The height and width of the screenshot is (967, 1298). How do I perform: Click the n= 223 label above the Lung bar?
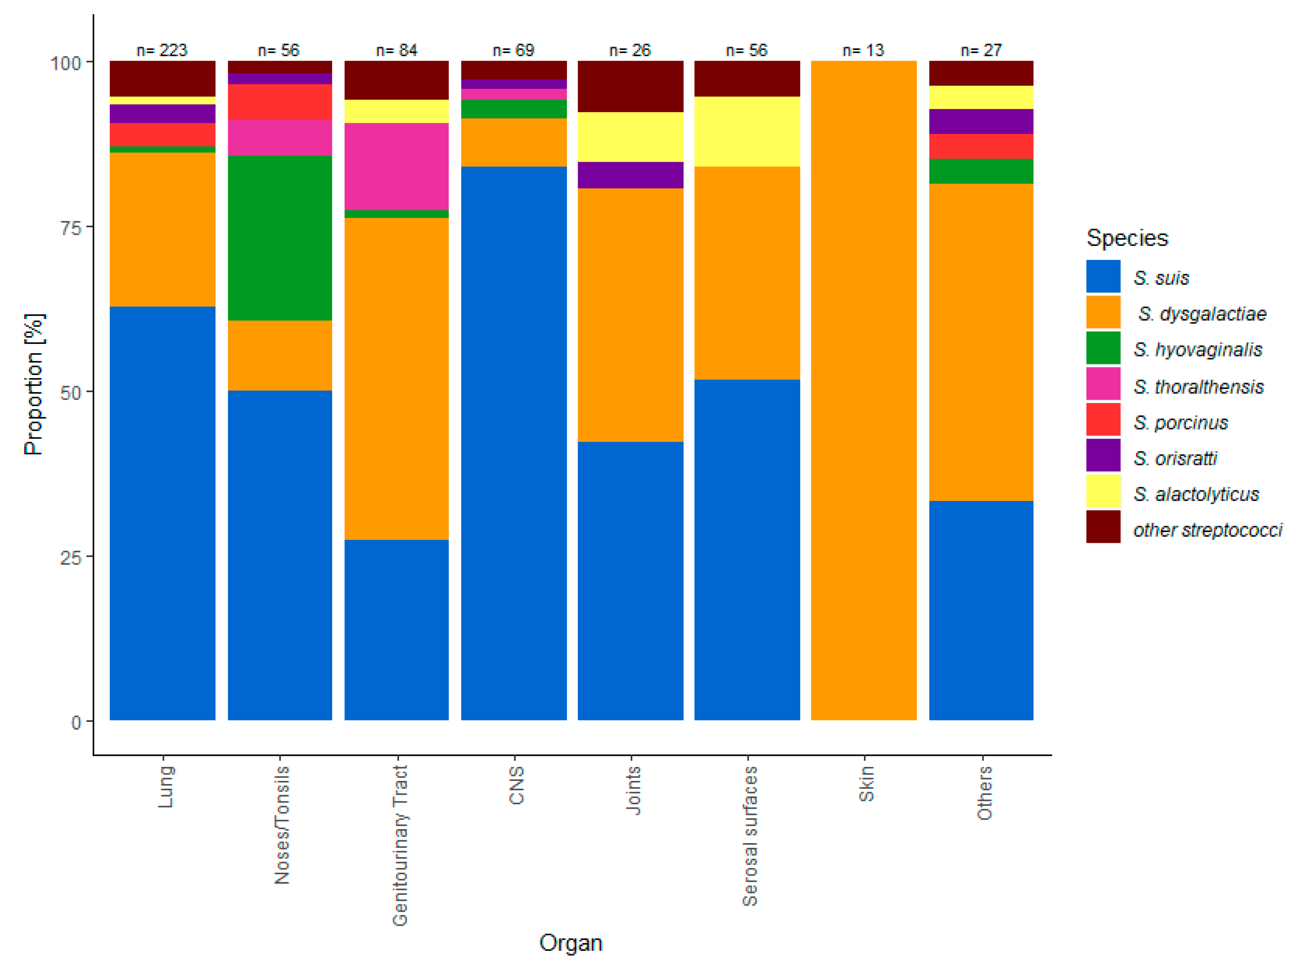pyautogui.click(x=162, y=50)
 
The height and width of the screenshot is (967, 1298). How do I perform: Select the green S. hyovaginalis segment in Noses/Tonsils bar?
pyautogui.click(x=280, y=238)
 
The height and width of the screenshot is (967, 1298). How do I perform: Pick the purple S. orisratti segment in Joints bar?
pyautogui.click(x=630, y=175)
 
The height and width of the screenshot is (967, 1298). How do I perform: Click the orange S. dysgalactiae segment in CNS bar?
pyautogui.click(x=513, y=142)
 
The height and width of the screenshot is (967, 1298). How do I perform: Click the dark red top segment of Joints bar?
pyautogui.click(x=630, y=86)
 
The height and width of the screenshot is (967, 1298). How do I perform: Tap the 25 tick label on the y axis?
pyautogui.click(x=70, y=557)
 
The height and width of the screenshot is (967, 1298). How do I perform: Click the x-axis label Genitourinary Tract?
pyautogui.click(x=400, y=845)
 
